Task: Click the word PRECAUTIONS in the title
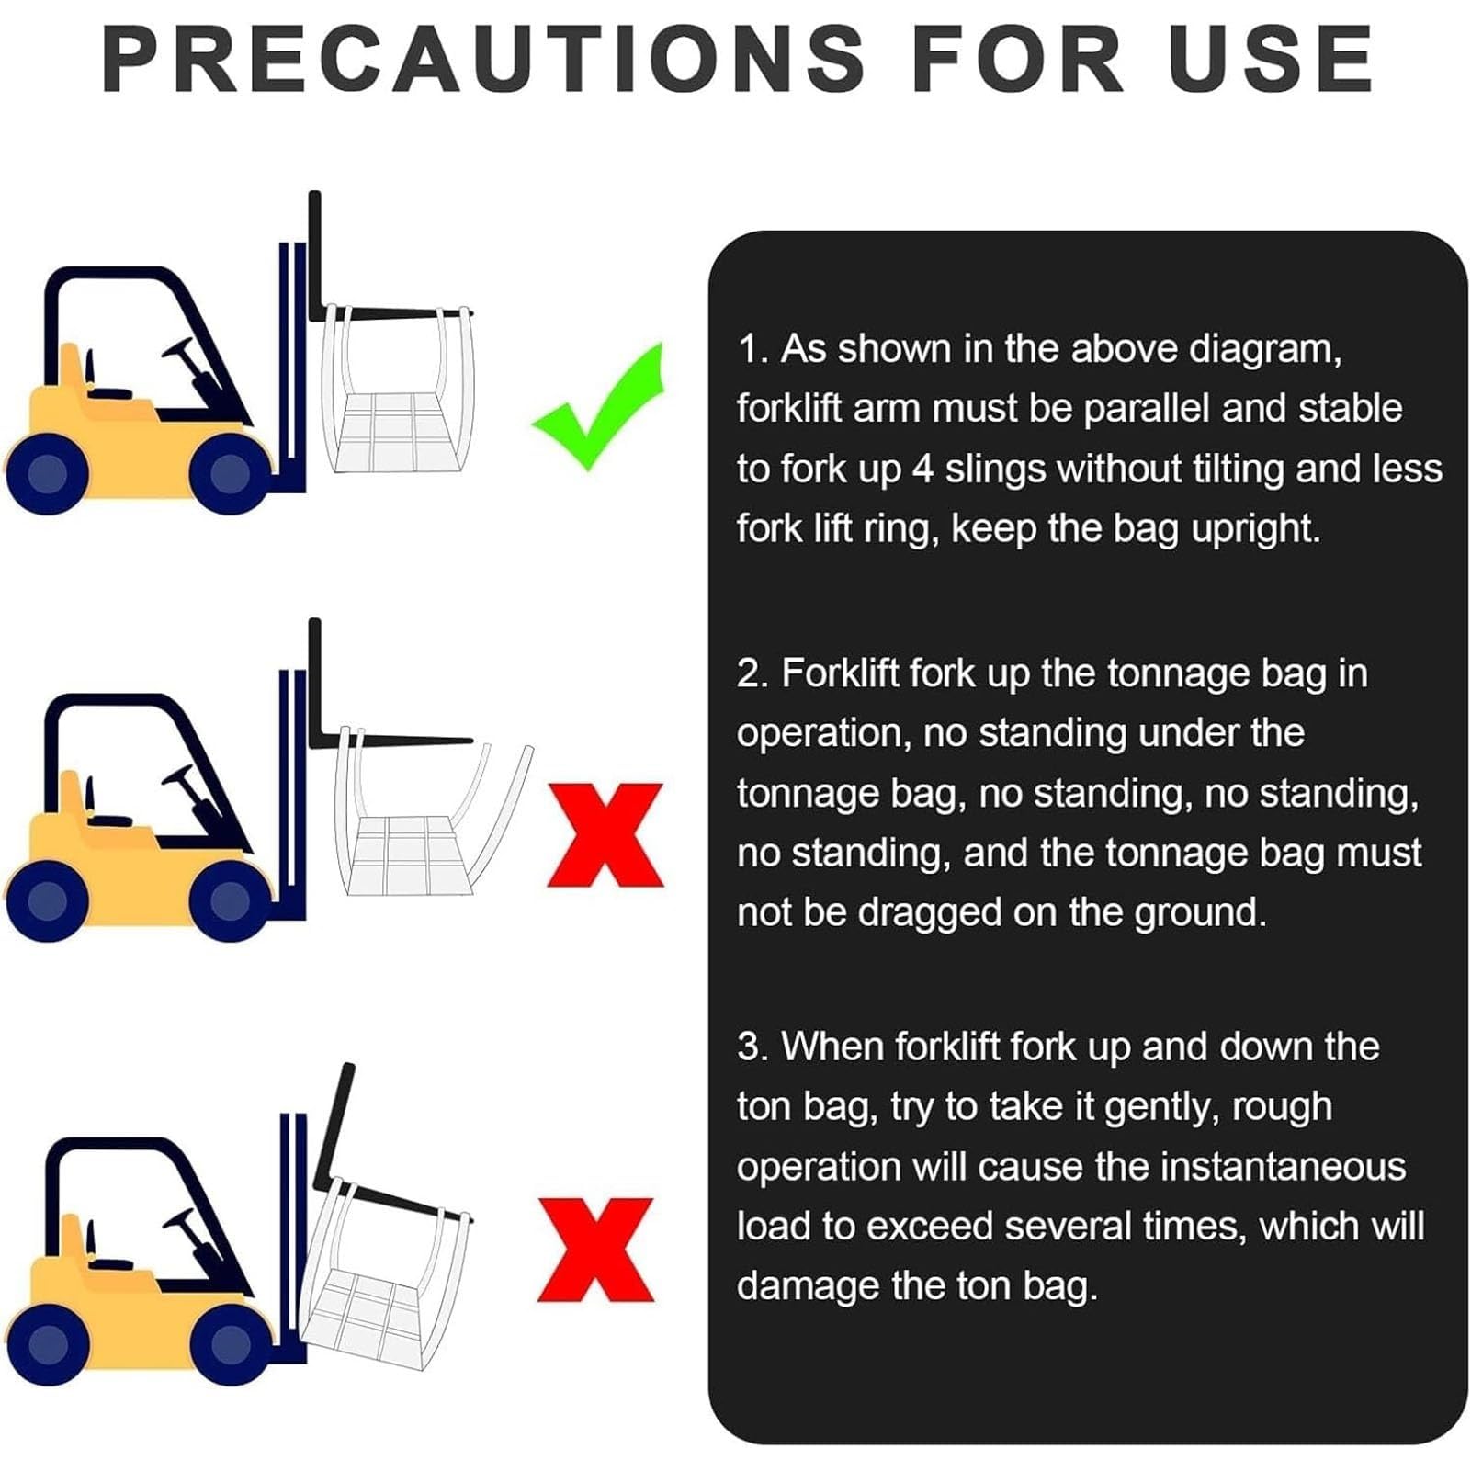pyautogui.click(x=484, y=58)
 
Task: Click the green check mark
pyautogui.click(x=598, y=407)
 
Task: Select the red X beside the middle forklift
pyautogui.click(x=605, y=835)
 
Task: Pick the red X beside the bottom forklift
pyautogui.click(x=596, y=1250)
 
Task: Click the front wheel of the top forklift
pyautogui.click(x=230, y=474)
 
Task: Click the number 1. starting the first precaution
pyautogui.click(x=753, y=350)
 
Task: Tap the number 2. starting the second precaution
pyautogui.click(x=754, y=674)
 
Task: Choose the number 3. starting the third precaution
pyautogui.click(x=754, y=1047)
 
